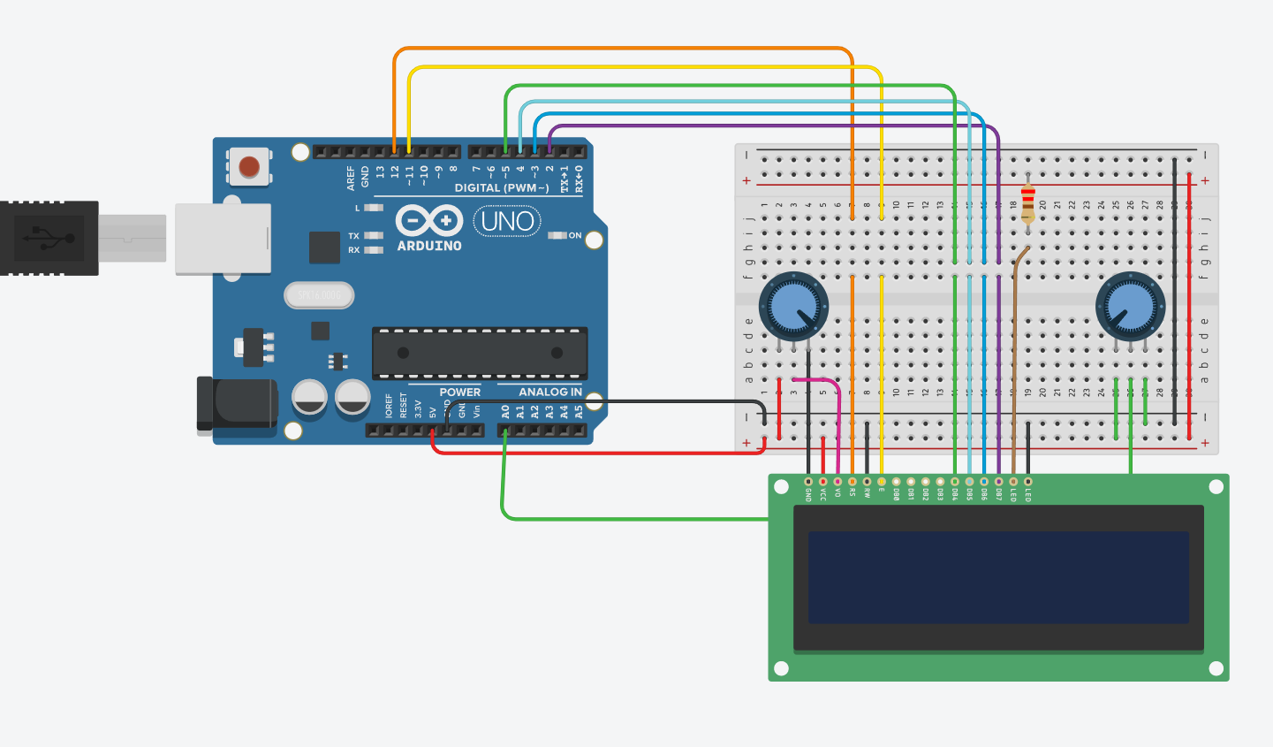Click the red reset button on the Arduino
pyautogui.click(x=249, y=166)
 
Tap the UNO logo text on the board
pyautogui.click(x=507, y=221)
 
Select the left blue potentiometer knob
pyautogui.click(x=792, y=306)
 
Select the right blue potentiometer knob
pyautogui.click(x=1130, y=306)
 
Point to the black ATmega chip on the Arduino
pyautogui.click(x=480, y=353)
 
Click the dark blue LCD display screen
pyautogui.click(x=998, y=577)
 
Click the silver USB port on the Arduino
pyautogui.click(x=223, y=239)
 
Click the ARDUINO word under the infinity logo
pyautogui.click(x=429, y=246)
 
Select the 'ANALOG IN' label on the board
pyautogui.click(x=549, y=392)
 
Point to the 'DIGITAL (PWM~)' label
pyautogui.click(x=501, y=187)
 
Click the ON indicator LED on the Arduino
pyautogui.click(x=557, y=235)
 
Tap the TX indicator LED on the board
pyautogui.click(x=374, y=236)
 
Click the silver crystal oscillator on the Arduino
pyautogui.click(x=319, y=295)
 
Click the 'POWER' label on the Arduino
pyautogui.click(x=459, y=392)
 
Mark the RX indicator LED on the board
pyautogui.click(x=374, y=250)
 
